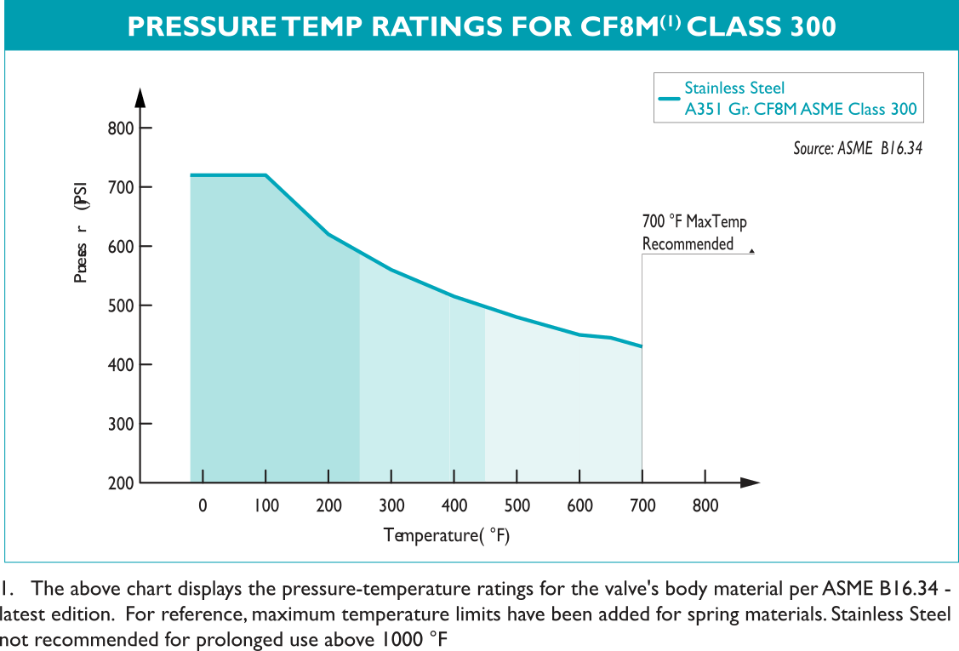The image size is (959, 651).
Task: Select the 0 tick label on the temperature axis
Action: point(203,505)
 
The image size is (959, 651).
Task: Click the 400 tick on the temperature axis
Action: point(454,505)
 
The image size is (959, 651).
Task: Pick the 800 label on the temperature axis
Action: point(705,505)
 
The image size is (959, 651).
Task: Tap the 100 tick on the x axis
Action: point(265,505)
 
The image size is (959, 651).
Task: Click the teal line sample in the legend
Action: point(669,98)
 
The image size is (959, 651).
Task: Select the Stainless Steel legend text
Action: point(734,88)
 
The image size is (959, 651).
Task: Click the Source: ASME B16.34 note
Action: point(858,148)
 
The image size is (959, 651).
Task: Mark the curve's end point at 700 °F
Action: point(642,346)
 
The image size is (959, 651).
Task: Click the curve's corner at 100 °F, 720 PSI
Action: point(266,174)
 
